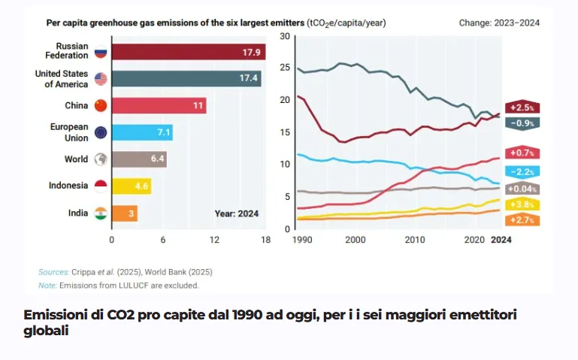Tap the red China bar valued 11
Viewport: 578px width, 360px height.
159,105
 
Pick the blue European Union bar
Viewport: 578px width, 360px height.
142,132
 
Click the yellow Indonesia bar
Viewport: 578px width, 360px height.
132,186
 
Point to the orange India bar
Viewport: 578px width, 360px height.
125,213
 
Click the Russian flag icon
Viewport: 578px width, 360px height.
101,53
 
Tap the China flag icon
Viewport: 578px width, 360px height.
101,105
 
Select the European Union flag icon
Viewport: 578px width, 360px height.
101,132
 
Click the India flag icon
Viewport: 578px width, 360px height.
101,213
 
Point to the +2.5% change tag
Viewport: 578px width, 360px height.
522,107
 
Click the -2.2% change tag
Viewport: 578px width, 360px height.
522,171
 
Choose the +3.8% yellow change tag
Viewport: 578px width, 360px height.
522,204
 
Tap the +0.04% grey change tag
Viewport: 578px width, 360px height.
522,189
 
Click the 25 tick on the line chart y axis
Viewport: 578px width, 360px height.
285,68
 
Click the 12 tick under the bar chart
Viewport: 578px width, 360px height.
214,241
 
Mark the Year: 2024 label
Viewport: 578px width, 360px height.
236,213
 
